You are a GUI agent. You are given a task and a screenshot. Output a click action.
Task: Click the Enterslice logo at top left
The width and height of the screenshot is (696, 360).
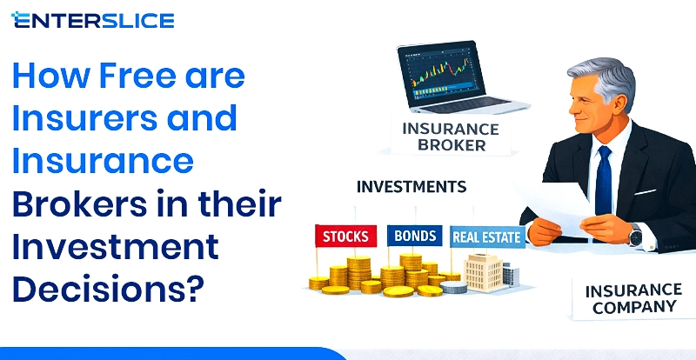point(93,19)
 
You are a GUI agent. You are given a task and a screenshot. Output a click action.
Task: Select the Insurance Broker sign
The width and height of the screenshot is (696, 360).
point(451,137)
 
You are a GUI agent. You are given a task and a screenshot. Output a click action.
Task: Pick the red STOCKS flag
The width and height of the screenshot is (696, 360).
point(345,236)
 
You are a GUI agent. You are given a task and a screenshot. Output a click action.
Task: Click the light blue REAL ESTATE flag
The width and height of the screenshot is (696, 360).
point(486,236)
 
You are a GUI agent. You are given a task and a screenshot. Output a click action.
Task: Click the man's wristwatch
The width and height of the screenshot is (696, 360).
point(636,235)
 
